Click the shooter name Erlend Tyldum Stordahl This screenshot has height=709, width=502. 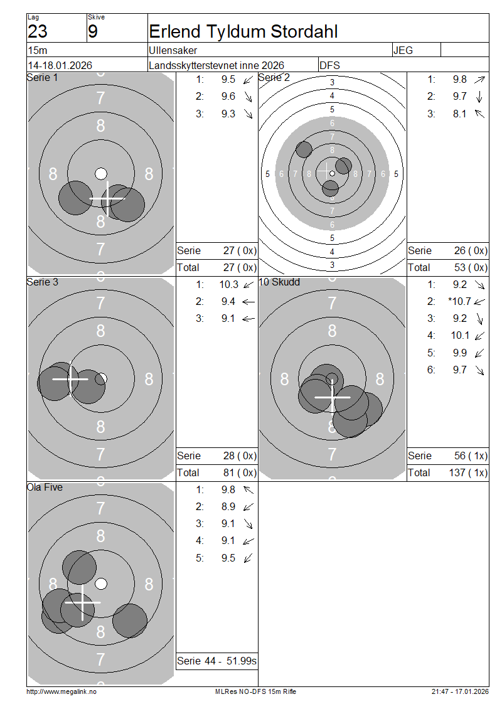243,31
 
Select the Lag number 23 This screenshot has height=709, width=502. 38,31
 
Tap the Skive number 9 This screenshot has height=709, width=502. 93,31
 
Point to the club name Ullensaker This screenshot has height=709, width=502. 173,50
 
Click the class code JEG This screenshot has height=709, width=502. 403,50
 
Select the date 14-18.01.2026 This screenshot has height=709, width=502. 60,65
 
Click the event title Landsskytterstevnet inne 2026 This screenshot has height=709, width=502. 216,65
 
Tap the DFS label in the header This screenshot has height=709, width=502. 329,65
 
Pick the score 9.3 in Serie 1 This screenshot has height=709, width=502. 228,114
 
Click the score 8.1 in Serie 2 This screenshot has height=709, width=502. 459,114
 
